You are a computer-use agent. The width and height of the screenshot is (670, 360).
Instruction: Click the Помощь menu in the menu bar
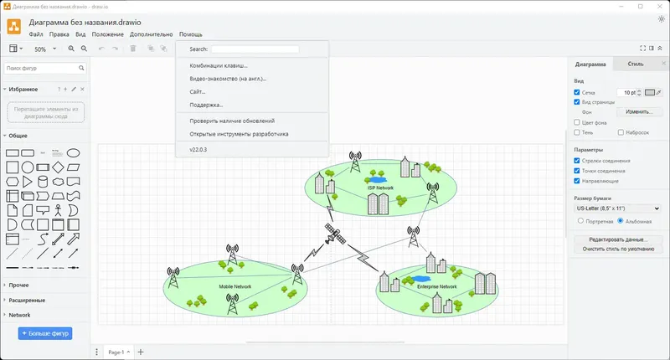click(x=191, y=34)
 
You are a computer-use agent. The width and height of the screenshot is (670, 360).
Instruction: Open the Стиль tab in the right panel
click(x=635, y=64)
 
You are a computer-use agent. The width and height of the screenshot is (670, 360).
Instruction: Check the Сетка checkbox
click(x=577, y=92)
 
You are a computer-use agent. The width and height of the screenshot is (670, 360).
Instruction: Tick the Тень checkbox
click(x=577, y=132)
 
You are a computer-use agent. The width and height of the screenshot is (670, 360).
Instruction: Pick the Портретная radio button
click(x=581, y=221)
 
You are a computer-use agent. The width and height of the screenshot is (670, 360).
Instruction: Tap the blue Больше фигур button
click(x=45, y=333)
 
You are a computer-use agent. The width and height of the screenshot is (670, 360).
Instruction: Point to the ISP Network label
click(x=380, y=188)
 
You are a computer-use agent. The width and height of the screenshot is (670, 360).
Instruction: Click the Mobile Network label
click(x=235, y=287)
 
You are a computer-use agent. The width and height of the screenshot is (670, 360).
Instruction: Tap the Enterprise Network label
click(x=437, y=287)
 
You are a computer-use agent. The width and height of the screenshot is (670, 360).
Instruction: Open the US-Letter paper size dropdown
click(x=617, y=208)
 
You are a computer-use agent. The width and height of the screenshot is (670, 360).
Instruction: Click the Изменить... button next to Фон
click(x=638, y=111)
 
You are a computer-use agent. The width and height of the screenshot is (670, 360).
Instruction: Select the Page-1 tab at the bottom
click(x=117, y=352)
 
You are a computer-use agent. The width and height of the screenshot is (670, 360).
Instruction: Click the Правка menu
click(x=59, y=34)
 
